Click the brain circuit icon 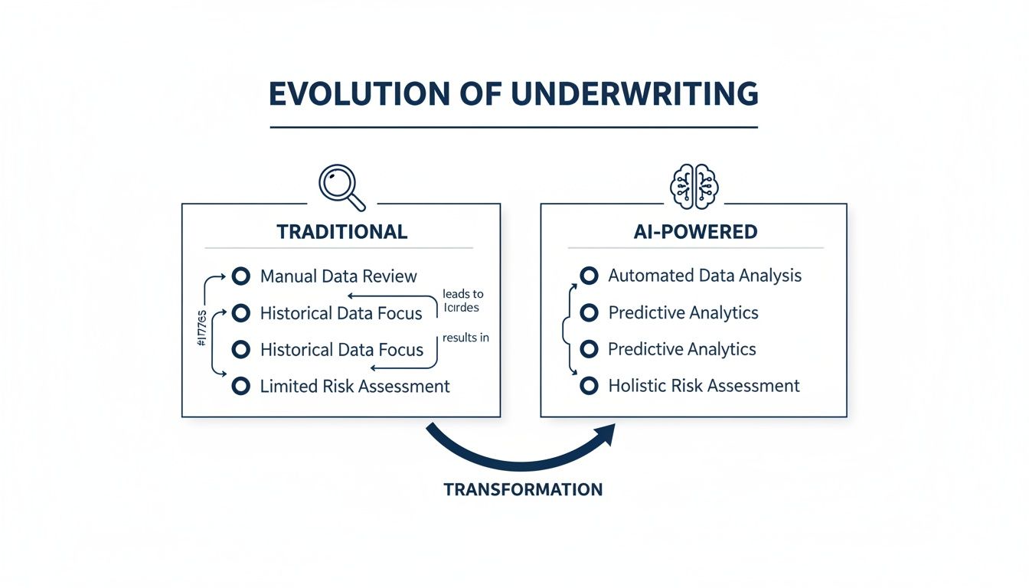click(693, 186)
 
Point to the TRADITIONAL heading click(341, 231)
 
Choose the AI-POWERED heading click(693, 231)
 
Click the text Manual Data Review click(338, 276)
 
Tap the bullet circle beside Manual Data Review click(241, 276)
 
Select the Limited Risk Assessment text click(354, 387)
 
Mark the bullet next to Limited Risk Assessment click(241, 387)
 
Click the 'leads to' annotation click(463, 294)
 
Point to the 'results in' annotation click(465, 337)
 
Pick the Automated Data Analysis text click(704, 276)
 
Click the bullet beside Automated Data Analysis click(589, 276)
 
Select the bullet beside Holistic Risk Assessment click(589, 386)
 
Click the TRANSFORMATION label click(523, 489)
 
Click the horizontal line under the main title click(513, 127)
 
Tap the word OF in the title click(484, 93)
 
